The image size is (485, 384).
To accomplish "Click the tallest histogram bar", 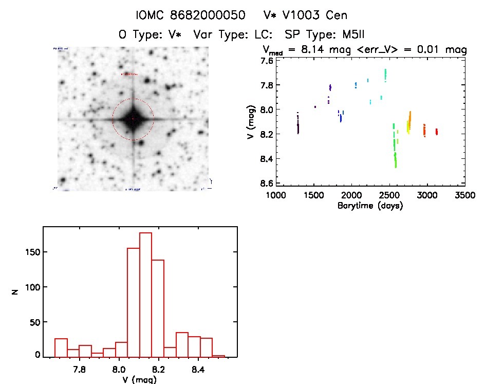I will (145, 295).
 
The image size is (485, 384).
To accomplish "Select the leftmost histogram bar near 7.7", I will (61, 348).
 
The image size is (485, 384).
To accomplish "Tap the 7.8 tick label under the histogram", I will (79, 369).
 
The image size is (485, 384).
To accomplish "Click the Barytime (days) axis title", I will (370, 206).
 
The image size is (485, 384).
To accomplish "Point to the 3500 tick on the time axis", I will (465, 195).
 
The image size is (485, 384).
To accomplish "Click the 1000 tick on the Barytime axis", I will (275, 195).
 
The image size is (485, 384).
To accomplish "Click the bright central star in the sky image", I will (133, 119).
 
